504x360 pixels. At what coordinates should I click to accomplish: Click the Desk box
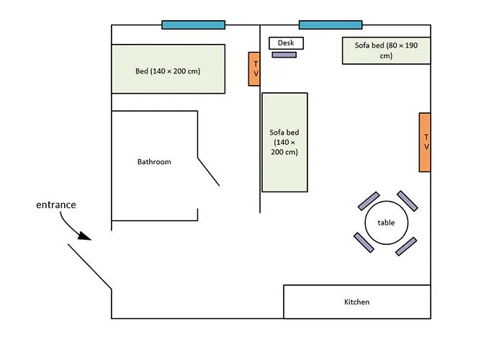tap(286, 43)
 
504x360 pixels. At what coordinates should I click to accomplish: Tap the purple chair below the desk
tap(284, 55)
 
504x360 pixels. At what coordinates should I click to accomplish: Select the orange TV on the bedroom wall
tap(254, 69)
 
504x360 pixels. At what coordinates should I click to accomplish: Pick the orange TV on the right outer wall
tap(425, 142)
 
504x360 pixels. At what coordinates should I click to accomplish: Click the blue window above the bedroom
tap(194, 24)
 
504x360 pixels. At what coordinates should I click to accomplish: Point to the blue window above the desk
tap(330, 24)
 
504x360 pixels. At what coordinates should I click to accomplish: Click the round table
tap(387, 222)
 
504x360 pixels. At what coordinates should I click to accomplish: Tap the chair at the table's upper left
tap(369, 201)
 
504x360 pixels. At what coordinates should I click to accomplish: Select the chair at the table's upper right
tap(408, 201)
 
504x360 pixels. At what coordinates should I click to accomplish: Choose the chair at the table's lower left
tap(364, 243)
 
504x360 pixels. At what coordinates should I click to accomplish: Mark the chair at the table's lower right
tap(406, 246)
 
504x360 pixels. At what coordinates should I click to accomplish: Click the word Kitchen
tap(357, 302)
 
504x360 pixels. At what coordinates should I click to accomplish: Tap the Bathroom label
tap(154, 162)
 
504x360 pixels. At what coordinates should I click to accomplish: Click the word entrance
tap(56, 204)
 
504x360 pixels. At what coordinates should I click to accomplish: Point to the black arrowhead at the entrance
tap(85, 236)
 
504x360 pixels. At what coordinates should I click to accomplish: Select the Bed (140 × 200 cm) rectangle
tap(168, 69)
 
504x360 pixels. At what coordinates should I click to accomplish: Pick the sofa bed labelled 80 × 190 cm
tap(387, 50)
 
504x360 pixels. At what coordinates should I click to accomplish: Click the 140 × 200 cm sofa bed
tap(285, 143)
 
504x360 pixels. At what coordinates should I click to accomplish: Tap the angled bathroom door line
tap(209, 171)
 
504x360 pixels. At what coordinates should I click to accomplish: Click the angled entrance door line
tap(90, 266)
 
